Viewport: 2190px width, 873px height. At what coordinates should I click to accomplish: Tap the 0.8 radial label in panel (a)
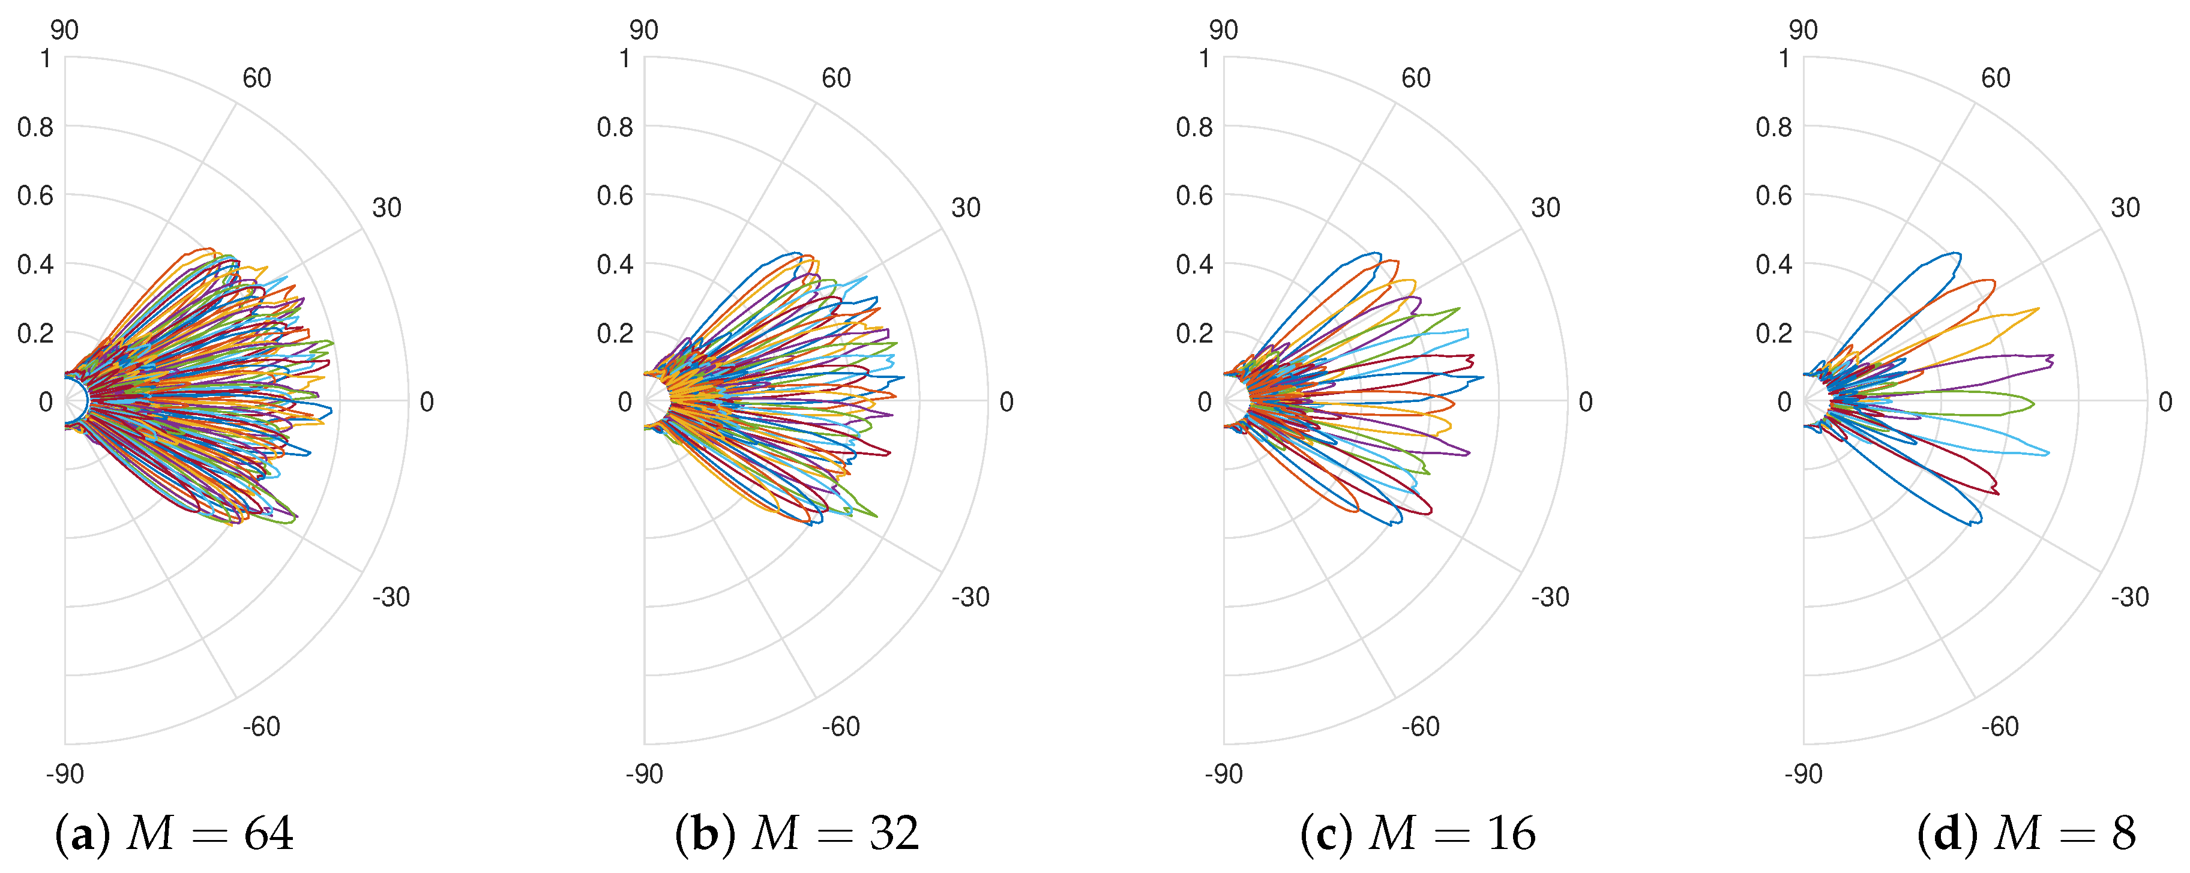35,128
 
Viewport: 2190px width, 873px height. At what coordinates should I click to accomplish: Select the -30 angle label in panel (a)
391,597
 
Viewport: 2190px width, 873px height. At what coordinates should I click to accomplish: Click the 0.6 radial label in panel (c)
1194,196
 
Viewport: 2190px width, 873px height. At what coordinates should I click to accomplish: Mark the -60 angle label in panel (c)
1421,726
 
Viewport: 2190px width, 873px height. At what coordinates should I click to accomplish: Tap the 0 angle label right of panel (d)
2165,401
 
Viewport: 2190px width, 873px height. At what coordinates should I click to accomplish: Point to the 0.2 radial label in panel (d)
1773,333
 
